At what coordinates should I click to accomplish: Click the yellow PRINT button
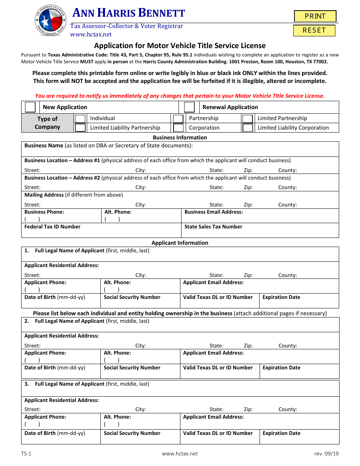315,16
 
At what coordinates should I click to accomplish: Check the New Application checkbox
30,107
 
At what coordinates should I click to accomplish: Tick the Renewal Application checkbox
189,107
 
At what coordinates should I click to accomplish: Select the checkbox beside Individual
80,119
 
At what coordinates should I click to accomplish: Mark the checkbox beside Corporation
178,128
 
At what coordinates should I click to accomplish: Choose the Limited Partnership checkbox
248,119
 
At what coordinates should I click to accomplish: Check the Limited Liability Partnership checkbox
80,128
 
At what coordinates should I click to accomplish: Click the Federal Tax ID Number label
52,227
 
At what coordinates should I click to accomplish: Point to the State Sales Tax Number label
213,227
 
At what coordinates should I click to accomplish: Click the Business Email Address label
213,212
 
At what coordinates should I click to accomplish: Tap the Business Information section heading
180,138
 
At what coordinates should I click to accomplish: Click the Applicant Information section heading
180,243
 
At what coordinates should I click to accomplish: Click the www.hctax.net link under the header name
91,34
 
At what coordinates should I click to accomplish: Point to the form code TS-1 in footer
27,453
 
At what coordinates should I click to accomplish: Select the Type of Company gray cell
47,123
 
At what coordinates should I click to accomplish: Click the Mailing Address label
44,195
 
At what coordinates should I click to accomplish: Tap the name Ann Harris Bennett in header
128,14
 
